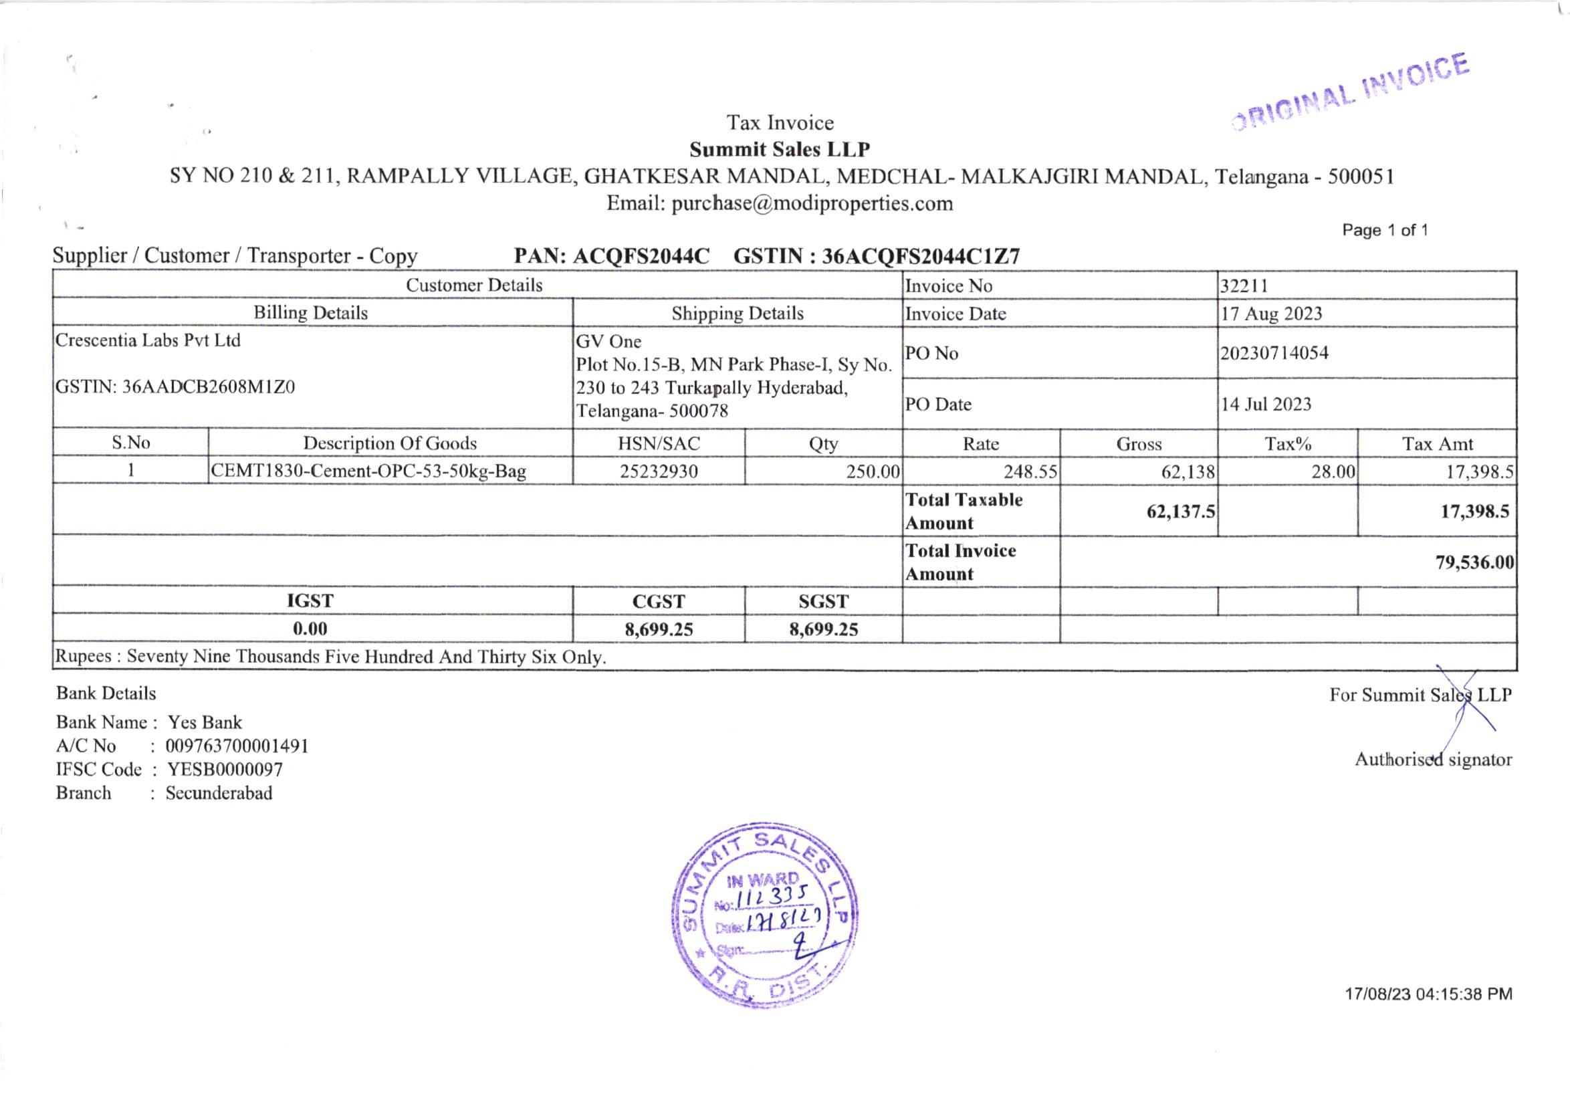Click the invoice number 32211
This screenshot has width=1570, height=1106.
[x=1244, y=286]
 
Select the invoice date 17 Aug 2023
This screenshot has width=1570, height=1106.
[x=1271, y=314]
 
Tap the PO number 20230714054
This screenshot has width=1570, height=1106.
[x=1274, y=354]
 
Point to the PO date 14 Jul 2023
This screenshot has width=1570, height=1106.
[x=1266, y=405]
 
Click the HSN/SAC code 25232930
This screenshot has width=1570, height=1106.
[x=659, y=471]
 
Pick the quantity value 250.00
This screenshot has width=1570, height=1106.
[x=873, y=471]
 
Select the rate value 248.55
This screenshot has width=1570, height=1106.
[x=1030, y=471]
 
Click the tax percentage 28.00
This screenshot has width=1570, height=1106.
[x=1333, y=471]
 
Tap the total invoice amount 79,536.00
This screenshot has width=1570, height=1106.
[x=1474, y=562]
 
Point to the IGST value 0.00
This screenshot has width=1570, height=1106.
[x=310, y=629]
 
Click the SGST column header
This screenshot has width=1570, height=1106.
[x=823, y=601]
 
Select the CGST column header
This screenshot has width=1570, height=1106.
[x=659, y=601]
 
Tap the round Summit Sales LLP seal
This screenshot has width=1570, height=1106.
[x=764, y=915]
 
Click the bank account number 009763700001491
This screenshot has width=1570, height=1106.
[x=237, y=746]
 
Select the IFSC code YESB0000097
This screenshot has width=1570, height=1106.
[x=225, y=770]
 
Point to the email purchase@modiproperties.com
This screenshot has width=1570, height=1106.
[x=812, y=204]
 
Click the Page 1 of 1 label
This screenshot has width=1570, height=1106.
[x=1385, y=231]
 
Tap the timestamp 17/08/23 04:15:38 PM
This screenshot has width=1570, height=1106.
[x=1428, y=994]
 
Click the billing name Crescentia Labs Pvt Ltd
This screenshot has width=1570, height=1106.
[x=148, y=340]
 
